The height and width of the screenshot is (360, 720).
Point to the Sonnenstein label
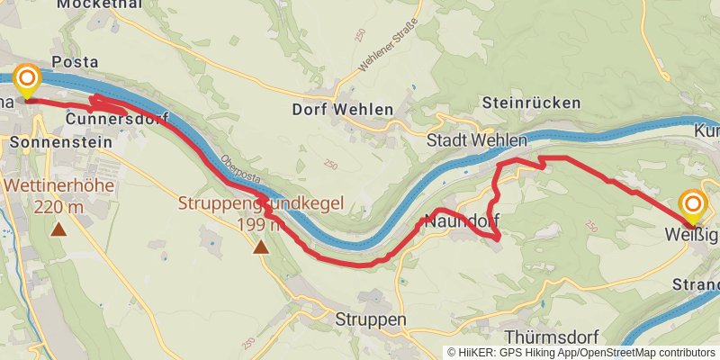[62, 141]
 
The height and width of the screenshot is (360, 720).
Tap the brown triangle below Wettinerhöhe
[58, 229]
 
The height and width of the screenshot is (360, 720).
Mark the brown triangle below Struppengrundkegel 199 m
[261, 246]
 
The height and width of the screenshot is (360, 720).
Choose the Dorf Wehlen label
[343, 110]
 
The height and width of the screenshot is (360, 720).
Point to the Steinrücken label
[531, 103]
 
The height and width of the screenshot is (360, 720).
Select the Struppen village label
[371, 320]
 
